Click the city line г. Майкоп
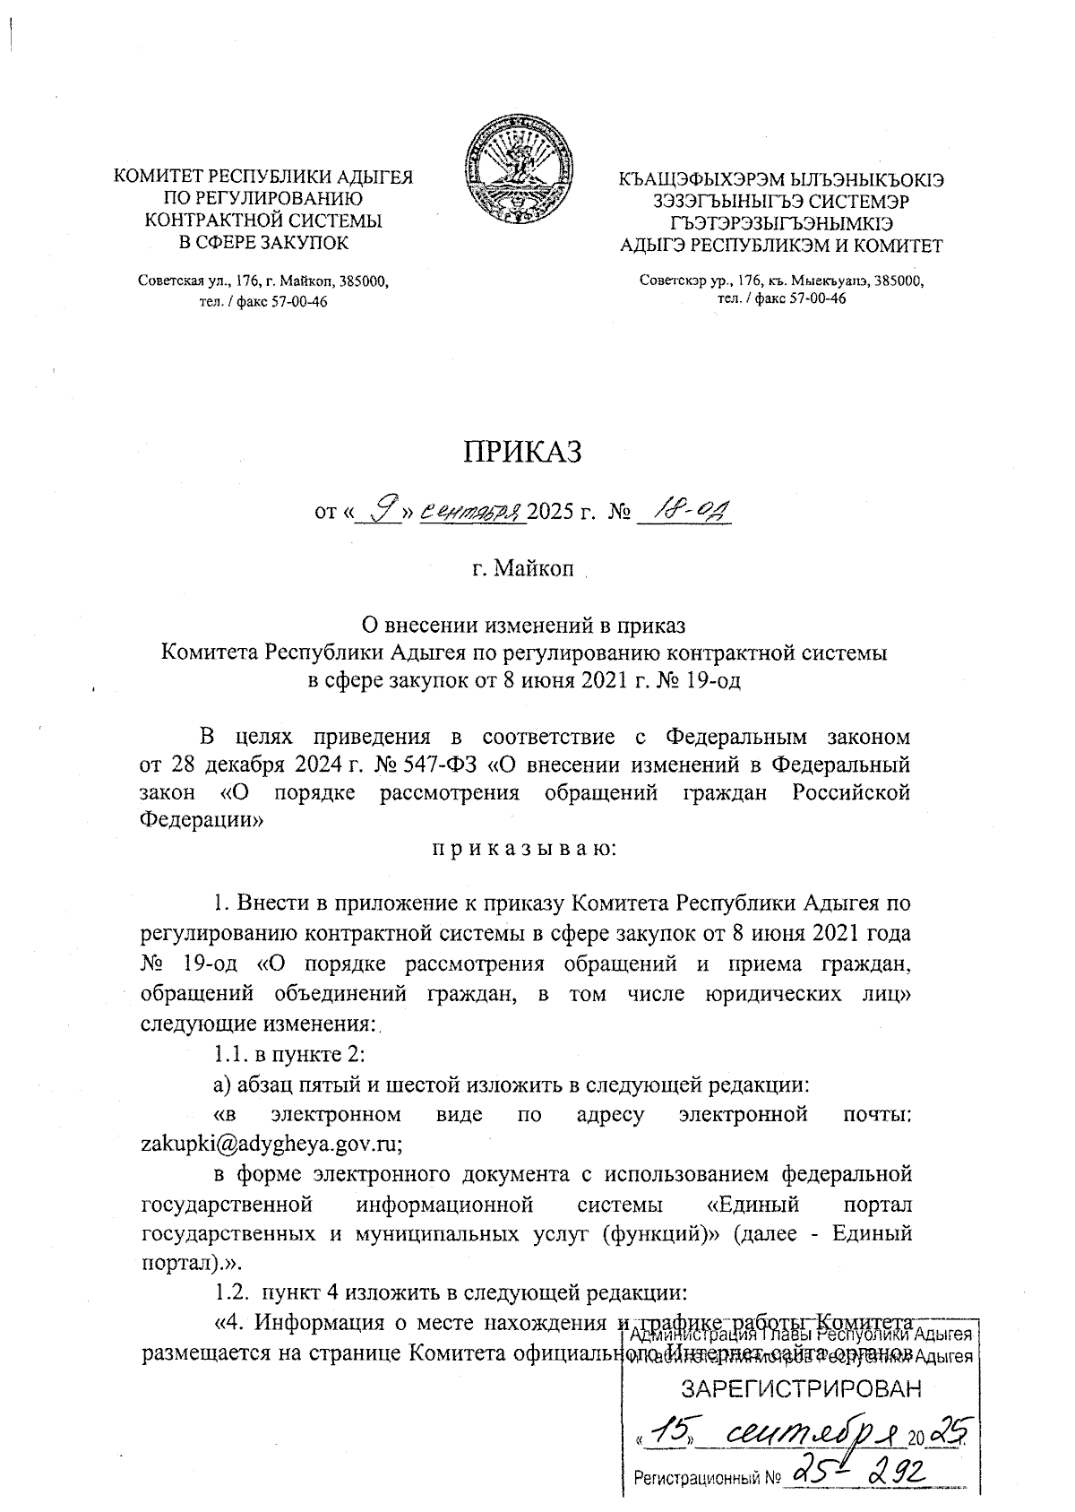point(523,571)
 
